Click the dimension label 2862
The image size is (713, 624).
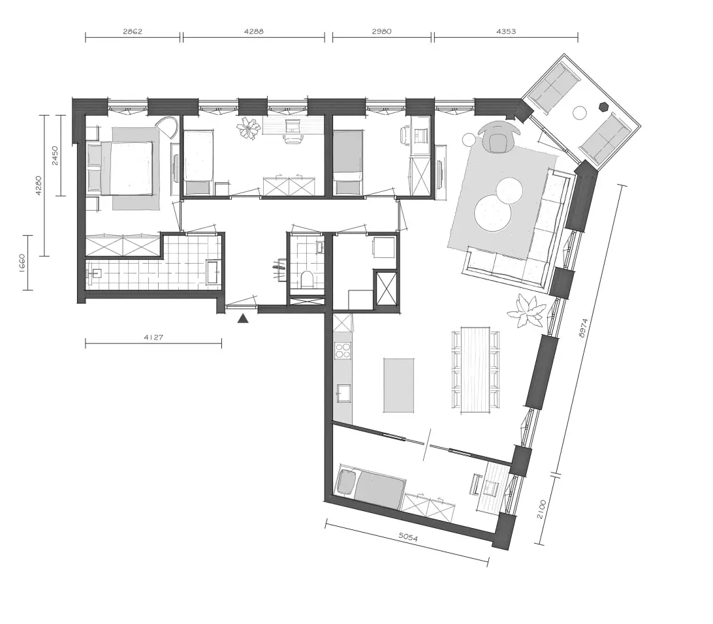[x=133, y=31]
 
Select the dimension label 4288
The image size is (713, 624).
[x=254, y=31]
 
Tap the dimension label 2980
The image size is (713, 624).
[x=381, y=31]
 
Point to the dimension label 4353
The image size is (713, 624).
[x=506, y=31]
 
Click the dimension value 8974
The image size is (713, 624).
[x=584, y=328]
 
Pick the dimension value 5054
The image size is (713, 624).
[x=408, y=537]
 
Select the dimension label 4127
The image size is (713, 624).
[x=153, y=337]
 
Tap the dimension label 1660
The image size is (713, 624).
[x=22, y=262]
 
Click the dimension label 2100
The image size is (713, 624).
[x=541, y=509]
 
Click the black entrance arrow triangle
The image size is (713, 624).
[x=244, y=319]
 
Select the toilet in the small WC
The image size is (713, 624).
[x=306, y=279]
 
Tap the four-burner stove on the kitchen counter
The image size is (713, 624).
[x=343, y=350]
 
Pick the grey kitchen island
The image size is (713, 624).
[x=399, y=385]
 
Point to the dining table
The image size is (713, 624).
[x=475, y=370]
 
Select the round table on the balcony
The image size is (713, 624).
[x=580, y=112]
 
